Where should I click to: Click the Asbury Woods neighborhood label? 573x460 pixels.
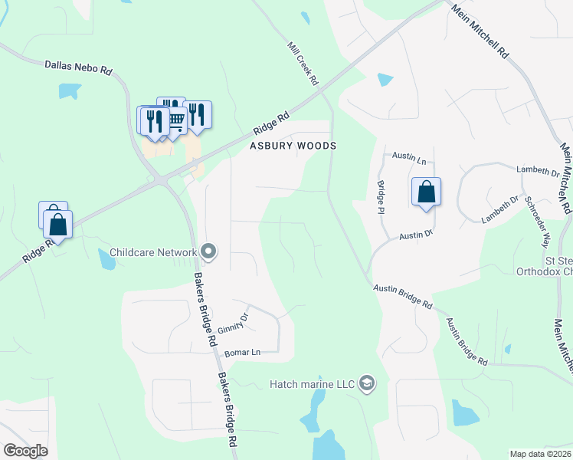(293, 146)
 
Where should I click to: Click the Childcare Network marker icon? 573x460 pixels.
(208, 251)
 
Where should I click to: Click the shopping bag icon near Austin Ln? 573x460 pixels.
(427, 192)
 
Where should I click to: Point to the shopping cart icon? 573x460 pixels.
(176, 119)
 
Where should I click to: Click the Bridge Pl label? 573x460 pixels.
(381, 196)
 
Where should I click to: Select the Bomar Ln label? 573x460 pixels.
(243, 353)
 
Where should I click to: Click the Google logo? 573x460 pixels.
(25, 451)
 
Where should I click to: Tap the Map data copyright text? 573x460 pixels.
(541, 454)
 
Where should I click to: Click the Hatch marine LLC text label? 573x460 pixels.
(313, 383)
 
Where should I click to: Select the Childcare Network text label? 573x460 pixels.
(153, 251)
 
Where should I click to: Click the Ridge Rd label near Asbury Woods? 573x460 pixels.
(272, 122)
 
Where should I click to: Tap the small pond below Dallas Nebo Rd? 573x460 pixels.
(70, 90)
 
